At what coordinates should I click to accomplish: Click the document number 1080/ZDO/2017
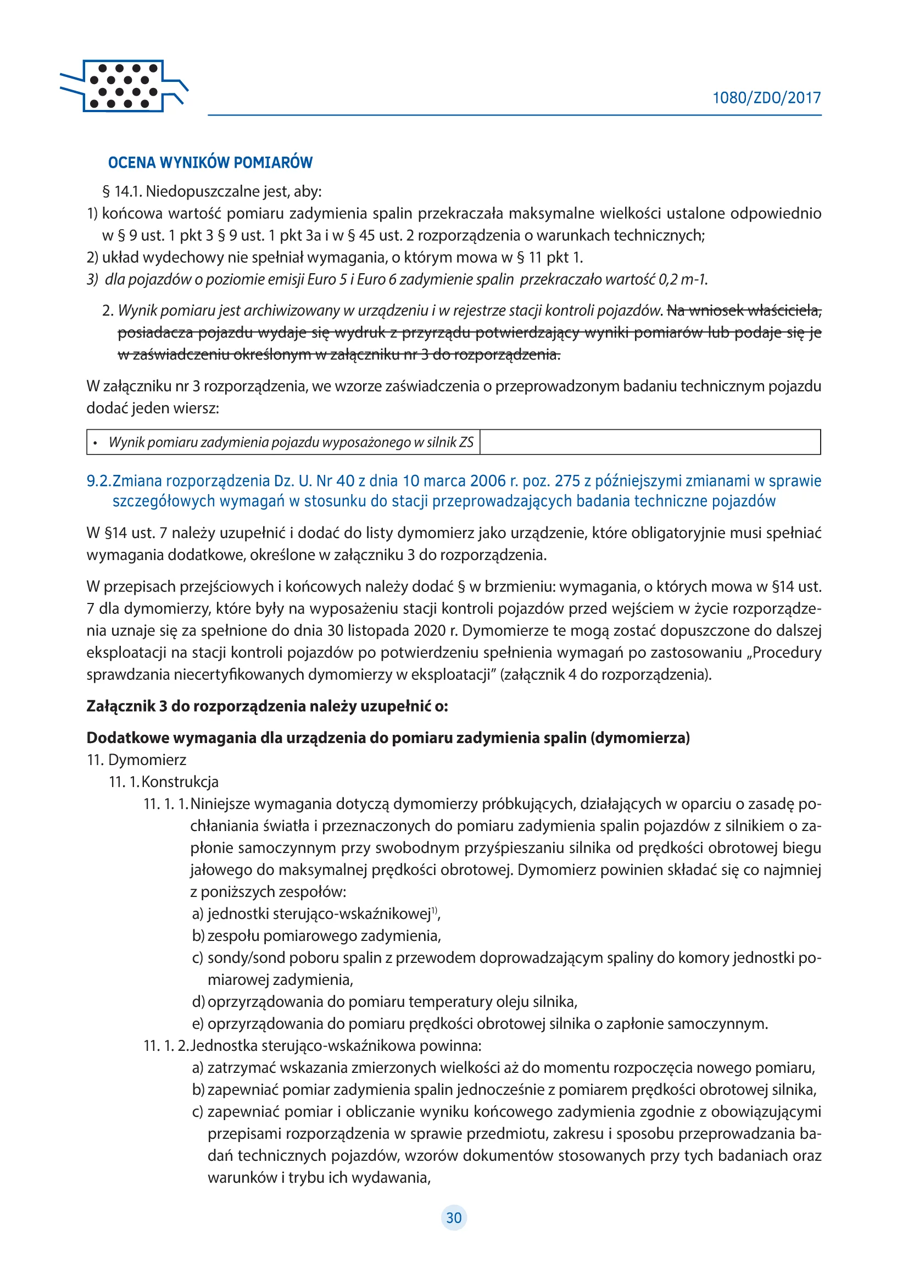point(766,98)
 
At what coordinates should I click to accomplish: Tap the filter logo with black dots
point(124,86)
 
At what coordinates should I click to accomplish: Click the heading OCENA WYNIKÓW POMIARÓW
point(210,162)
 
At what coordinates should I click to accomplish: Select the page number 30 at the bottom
point(454,1218)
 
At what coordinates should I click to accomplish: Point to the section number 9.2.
point(98,481)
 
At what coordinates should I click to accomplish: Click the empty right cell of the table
point(649,442)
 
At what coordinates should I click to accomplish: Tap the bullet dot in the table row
point(95,443)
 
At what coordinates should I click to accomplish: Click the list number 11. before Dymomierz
point(95,760)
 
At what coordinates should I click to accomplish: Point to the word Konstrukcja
point(180,782)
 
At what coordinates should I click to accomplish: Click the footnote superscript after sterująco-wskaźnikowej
point(434,911)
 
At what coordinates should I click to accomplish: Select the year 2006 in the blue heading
point(488,481)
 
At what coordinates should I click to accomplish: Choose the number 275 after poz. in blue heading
point(567,481)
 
